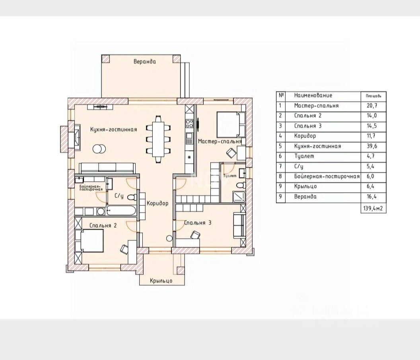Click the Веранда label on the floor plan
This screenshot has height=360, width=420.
144,62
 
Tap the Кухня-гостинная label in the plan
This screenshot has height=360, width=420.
113,130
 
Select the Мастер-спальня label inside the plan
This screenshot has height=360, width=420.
220,141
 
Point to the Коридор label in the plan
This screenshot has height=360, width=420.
157,203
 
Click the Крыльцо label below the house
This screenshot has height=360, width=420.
161,281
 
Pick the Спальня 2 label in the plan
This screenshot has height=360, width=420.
103,225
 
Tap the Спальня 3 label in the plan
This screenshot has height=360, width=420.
198,223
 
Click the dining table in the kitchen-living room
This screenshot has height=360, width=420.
159,139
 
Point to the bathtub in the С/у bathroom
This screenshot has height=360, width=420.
122,211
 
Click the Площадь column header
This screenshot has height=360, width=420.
373,96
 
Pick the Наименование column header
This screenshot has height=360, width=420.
313,95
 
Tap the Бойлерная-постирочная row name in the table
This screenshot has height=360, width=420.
327,176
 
